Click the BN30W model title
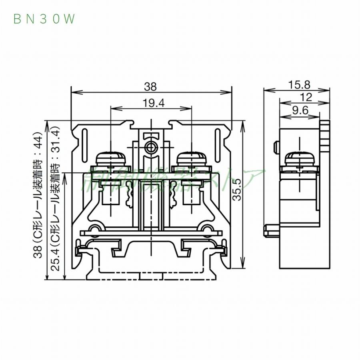pos(44,19)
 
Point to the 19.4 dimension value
pos(150,103)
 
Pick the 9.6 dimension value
pos(299,111)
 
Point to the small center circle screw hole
pos(151,147)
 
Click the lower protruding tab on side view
pos(271,230)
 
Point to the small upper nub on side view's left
pos(276,147)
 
